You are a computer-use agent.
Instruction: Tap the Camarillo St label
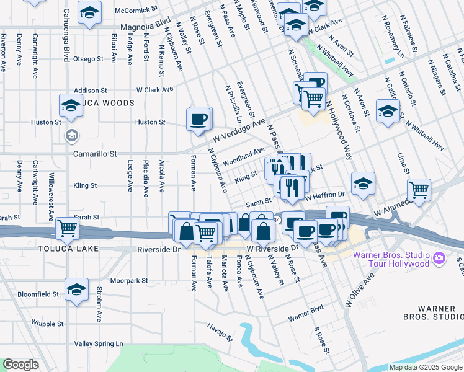click(95, 153)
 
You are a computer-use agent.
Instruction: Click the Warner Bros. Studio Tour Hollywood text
click(391, 259)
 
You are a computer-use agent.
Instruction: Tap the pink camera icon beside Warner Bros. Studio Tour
click(439, 257)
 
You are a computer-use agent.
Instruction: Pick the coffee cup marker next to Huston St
click(198, 119)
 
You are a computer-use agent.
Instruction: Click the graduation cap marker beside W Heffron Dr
click(363, 183)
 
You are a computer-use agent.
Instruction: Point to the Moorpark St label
click(129, 281)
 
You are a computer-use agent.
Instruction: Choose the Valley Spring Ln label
click(99, 343)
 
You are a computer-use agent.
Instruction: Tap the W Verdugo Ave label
click(239, 130)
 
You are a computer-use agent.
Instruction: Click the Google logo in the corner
click(20, 365)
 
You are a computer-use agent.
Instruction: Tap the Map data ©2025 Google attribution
click(426, 367)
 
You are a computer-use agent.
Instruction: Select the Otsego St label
click(88, 59)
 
